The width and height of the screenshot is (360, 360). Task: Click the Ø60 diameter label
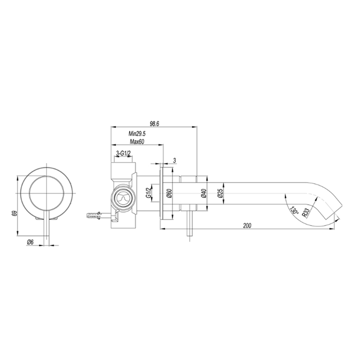[169, 194]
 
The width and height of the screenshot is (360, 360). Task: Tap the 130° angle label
[294, 210]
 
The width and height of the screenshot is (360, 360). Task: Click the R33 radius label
[307, 212]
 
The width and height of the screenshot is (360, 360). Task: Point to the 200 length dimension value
[248, 225]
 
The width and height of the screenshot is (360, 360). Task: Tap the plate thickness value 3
[175, 160]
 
